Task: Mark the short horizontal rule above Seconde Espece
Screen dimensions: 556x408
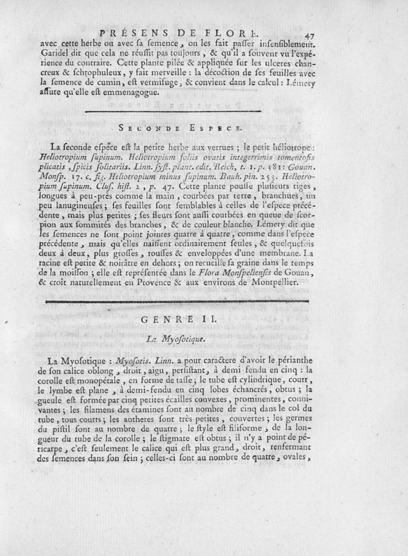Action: click(173, 110)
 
